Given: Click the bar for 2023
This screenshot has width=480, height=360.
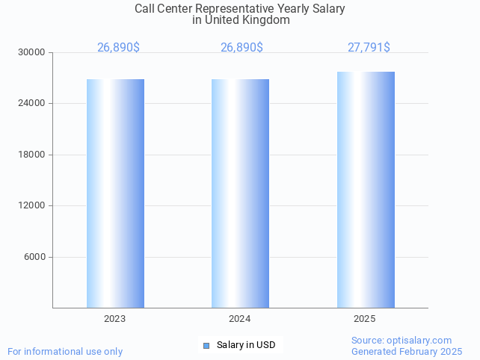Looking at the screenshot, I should (x=115, y=193).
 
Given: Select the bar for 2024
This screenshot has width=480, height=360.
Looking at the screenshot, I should (x=240, y=193).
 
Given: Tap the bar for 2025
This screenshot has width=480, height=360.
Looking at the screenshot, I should (x=366, y=190).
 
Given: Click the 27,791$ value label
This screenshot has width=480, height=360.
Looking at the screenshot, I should (x=369, y=48).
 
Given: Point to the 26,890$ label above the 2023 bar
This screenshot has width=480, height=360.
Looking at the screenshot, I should (x=118, y=48).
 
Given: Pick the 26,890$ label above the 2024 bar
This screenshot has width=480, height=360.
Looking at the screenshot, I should (x=241, y=48).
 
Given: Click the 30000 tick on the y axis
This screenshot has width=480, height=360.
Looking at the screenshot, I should (x=32, y=52).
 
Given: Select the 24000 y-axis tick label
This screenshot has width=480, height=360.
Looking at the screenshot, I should (x=32, y=104).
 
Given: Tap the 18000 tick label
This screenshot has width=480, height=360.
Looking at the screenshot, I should (x=32, y=155).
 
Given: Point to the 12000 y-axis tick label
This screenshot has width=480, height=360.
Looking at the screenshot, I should (x=32, y=205).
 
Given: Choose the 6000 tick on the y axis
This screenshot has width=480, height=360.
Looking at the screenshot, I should (x=35, y=257).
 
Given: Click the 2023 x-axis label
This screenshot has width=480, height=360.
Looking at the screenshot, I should (x=114, y=319).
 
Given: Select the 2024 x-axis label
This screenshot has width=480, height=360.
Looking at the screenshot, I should (x=239, y=319).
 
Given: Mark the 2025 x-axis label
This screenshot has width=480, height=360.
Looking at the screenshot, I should (x=364, y=319).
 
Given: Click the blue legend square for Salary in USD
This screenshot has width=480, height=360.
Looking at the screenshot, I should (x=206, y=345).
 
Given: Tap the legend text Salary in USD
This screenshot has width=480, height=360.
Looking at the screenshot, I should (x=246, y=345).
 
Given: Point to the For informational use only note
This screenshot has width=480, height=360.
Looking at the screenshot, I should (x=65, y=351).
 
